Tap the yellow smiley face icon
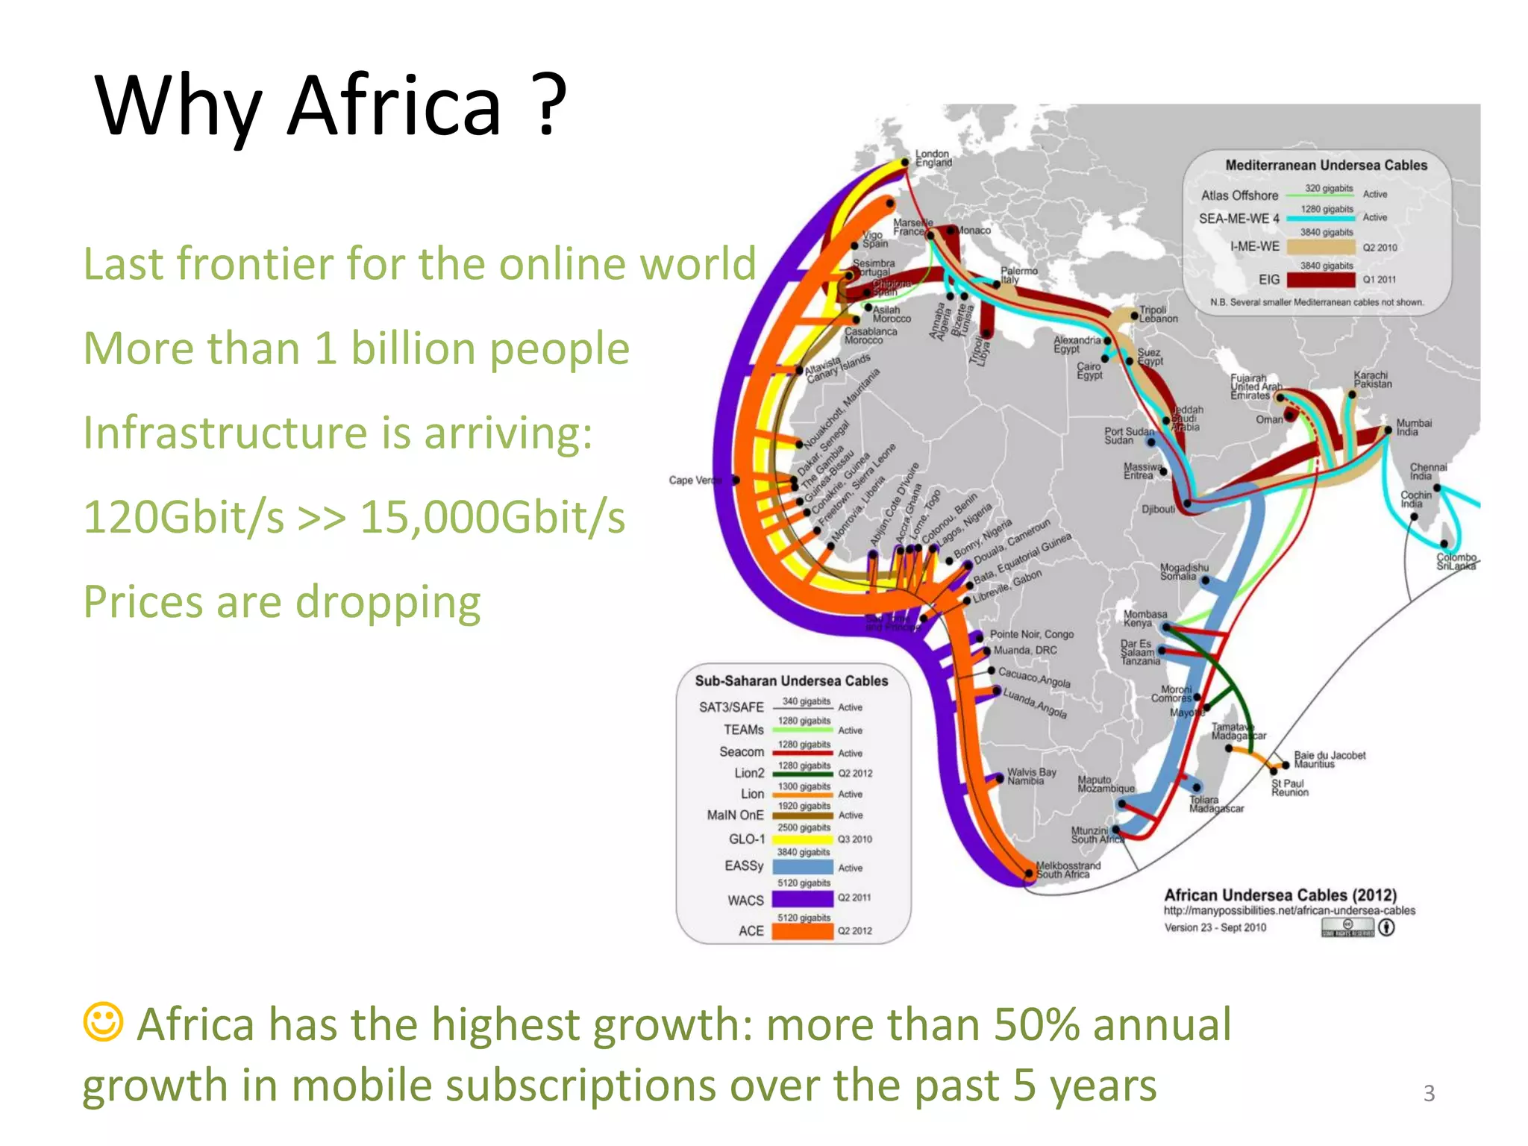click(x=102, y=1021)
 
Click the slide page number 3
click(x=1429, y=1093)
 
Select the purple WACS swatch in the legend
click(x=802, y=899)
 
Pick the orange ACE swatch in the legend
click(x=802, y=931)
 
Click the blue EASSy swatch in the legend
click(x=802, y=867)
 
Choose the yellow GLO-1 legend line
click(x=802, y=839)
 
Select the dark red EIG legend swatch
click(x=1321, y=280)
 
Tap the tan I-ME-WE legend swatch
click(x=1321, y=247)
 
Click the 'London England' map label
click(x=933, y=158)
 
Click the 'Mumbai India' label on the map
click(x=1413, y=427)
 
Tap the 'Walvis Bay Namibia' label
click(x=1031, y=777)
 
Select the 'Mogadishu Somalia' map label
click(x=1183, y=572)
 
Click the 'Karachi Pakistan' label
click(x=1372, y=379)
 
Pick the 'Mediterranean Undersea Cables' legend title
click(x=1325, y=165)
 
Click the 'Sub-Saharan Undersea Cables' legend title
click(x=791, y=680)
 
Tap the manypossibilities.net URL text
click(x=1289, y=910)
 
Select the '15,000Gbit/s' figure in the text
click(x=492, y=517)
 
